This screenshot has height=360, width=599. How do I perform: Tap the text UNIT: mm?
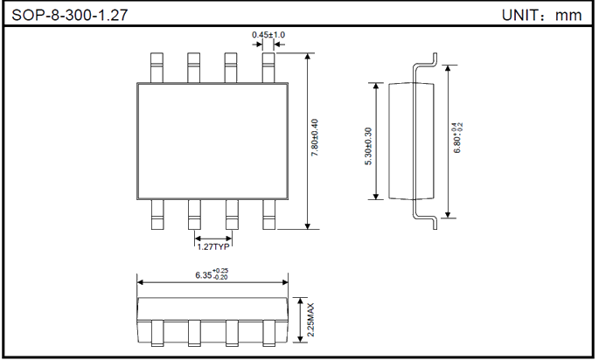tap(541, 15)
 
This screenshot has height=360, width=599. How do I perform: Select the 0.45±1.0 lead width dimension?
tap(268, 35)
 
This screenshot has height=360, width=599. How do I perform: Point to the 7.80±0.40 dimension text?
tap(316, 140)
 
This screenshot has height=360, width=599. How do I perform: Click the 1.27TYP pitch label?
tap(212, 247)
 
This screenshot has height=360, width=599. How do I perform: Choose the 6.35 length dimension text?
tap(212, 274)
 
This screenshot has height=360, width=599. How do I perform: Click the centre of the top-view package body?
tap(212, 140)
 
